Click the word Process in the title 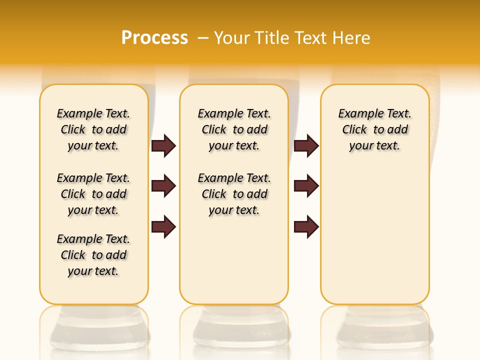pos(154,37)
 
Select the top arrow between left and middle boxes pos(163,146)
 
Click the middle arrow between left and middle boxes pos(163,186)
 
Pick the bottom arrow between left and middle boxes pos(163,226)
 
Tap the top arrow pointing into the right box pos(306,146)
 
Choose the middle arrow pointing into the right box pos(306,186)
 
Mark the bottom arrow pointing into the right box pos(306,226)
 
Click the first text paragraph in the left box pos(93,129)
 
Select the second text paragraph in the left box pos(93,194)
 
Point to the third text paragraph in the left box pos(93,255)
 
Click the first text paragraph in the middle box pos(234,129)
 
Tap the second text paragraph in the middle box pos(234,194)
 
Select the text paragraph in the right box pos(374,129)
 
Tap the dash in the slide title pos(203,38)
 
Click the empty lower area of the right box pos(374,240)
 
